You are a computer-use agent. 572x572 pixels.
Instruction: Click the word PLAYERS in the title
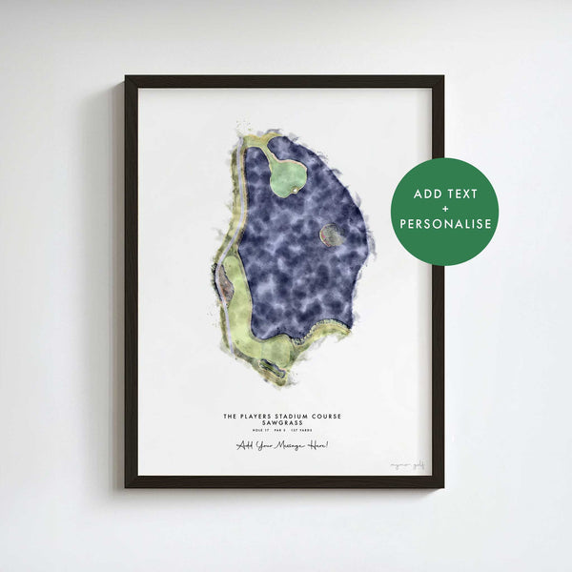click(260, 416)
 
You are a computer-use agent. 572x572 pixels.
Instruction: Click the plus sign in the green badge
click(445, 210)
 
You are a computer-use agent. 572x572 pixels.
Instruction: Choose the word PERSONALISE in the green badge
click(445, 225)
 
